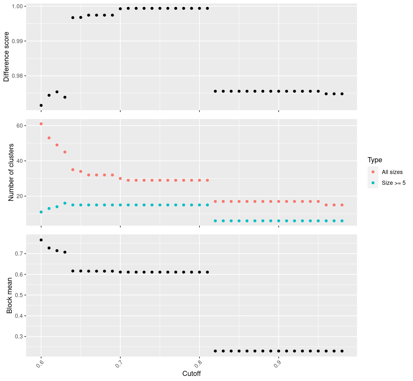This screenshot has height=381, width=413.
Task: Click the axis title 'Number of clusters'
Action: [x=11, y=172]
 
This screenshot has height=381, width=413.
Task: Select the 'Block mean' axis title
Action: [x=10, y=296]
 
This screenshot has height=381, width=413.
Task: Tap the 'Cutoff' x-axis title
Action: [x=191, y=374]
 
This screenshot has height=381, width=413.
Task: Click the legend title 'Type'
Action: [x=375, y=160]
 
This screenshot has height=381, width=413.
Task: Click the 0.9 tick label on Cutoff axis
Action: [x=277, y=363]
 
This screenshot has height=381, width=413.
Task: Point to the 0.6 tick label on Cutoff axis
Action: [x=40, y=363]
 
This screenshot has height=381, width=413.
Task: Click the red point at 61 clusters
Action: [x=41, y=124]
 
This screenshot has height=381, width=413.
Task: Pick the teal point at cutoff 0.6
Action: [x=41, y=212]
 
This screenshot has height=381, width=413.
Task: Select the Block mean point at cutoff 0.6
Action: [x=41, y=240]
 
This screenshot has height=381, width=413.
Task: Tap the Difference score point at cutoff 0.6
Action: [x=41, y=105]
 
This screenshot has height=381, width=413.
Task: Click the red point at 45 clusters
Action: [x=65, y=152]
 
